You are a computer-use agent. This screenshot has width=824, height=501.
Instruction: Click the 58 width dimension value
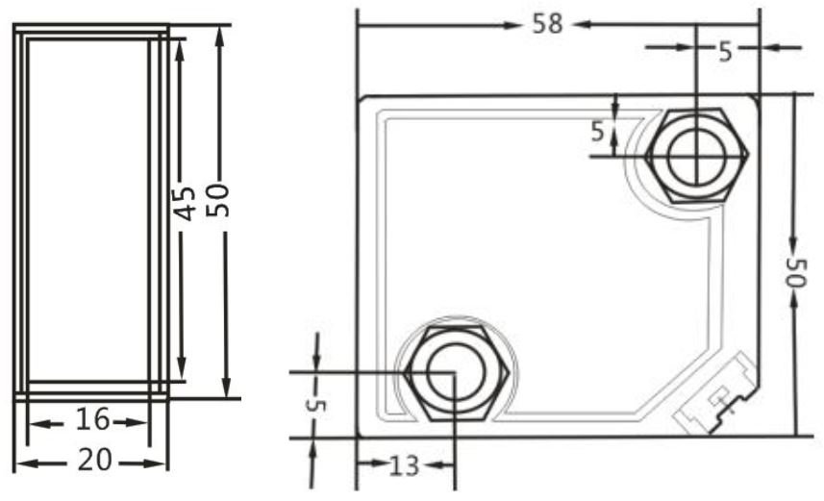pyautogui.click(x=548, y=23)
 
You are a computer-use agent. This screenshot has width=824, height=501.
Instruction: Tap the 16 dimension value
pyautogui.click(x=92, y=420)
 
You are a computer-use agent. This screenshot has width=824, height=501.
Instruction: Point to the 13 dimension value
pyautogui.click(x=405, y=465)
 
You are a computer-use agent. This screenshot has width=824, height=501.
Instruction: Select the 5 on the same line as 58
pyautogui.click(x=726, y=51)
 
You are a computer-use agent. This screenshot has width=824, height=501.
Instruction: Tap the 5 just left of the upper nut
pyautogui.click(x=598, y=132)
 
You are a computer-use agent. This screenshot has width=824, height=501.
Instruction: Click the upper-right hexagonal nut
pyautogui.click(x=696, y=155)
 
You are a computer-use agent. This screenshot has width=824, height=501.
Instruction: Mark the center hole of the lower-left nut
pyautogui.click(x=452, y=373)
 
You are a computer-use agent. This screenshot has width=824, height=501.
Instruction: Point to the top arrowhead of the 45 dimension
pyautogui.click(x=179, y=46)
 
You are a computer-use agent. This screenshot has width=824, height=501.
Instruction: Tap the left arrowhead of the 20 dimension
pyautogui.click(x=24, y=463)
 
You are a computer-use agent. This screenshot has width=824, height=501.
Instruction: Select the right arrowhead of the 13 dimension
pyautogui.click(x=443, y=465)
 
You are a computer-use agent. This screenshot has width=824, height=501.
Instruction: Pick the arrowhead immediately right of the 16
pyautogui.click(x=141, y=421)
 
